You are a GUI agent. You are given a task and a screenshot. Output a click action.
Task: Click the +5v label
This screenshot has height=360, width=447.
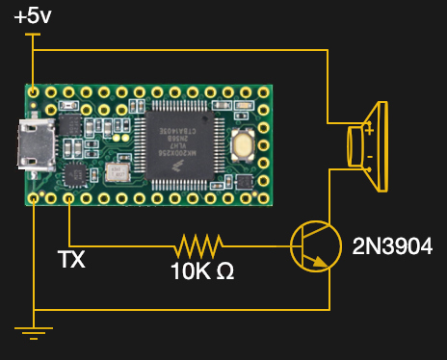(x=33, y=16)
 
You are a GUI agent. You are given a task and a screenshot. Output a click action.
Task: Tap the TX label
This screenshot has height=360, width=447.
(x=71, y=260)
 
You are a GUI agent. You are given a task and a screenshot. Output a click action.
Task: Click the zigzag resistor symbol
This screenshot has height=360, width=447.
(x=198, y=244)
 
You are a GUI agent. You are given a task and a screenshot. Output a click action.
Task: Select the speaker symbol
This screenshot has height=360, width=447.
(x=370, y=144)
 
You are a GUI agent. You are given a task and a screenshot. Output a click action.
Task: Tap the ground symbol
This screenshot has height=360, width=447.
(x=34, y=333)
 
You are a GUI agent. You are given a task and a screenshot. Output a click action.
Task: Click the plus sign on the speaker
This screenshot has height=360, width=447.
(x=369, y=129)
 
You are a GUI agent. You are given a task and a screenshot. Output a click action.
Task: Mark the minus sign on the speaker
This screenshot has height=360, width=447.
(x=369, y=156)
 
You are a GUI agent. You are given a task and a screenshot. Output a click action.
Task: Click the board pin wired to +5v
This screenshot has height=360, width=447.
(x=35, y=92)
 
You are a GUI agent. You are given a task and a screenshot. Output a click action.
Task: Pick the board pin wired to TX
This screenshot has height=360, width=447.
(x=70, y=198)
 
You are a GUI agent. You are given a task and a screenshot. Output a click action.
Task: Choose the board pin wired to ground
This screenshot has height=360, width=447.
(x=35, y=198)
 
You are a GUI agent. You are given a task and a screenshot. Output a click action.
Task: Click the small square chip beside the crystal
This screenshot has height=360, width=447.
(x=76, y=173)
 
